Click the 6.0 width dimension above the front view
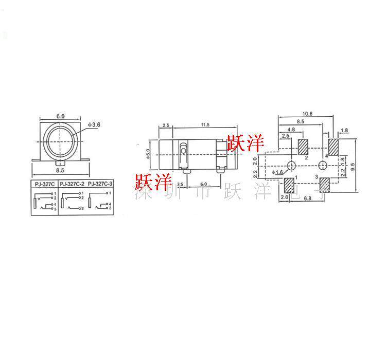60,116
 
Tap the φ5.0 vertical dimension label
148,154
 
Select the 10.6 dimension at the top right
308,113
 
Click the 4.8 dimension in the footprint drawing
291,129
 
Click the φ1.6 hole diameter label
276,172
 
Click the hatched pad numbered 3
325,186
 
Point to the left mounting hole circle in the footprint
291,165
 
